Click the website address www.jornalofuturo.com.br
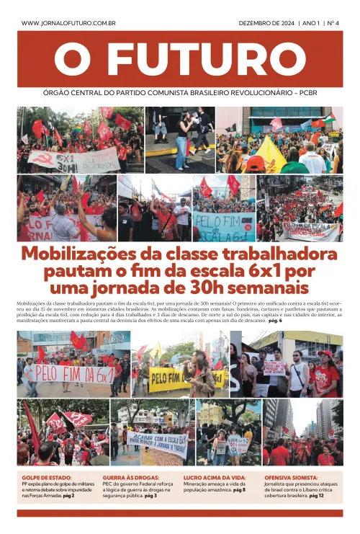click(69, 23)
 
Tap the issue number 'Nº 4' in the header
click(332, 23)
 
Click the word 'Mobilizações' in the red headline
click(84, 254)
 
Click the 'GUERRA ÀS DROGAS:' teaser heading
click(132, 478)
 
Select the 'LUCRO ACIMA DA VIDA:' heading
click(215, 478)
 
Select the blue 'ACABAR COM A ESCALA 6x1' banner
click(158, 443)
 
